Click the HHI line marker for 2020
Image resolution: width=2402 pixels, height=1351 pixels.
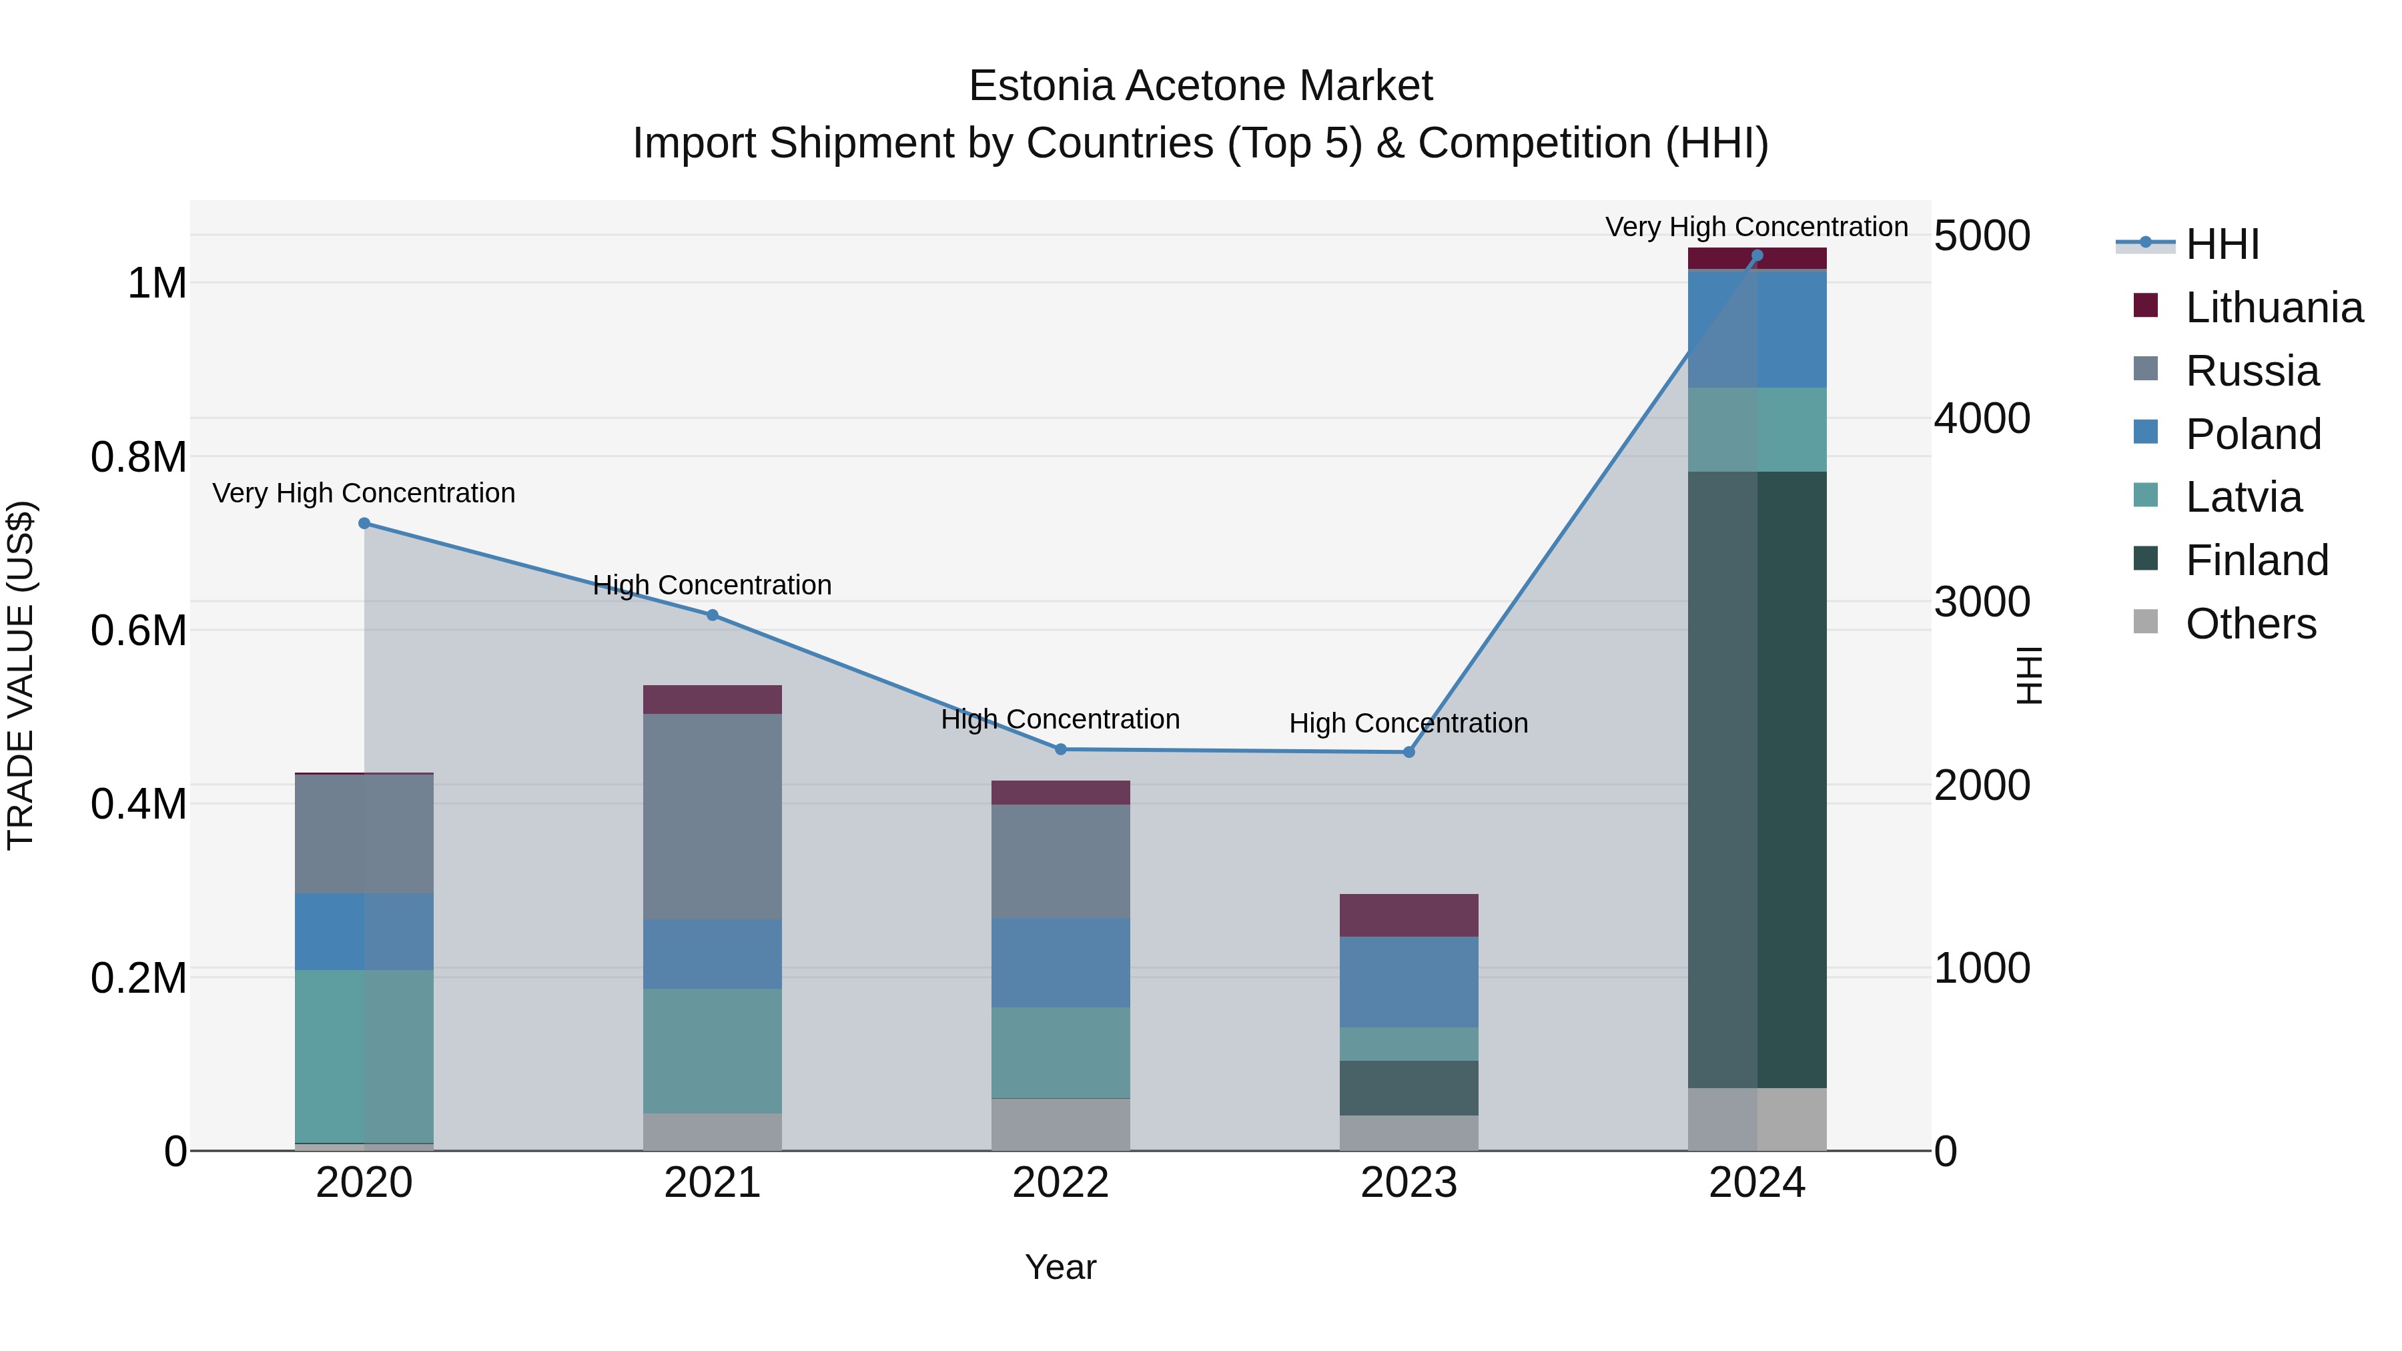[x=364, y=523]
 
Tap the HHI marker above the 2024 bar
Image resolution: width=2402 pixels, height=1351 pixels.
[x=1757, y=256]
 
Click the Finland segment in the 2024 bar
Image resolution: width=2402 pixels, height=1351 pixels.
[x=1757, y=779]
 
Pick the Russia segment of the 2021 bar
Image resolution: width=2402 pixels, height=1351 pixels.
[x=713, y=816]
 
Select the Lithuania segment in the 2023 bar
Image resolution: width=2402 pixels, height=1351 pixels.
[x=1409, y=915]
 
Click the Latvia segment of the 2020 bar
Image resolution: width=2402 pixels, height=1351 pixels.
[x=364, y=1055]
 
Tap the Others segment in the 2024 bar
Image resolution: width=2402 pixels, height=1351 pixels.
[x=1757, y=1119]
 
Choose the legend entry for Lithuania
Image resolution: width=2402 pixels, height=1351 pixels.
[x=2273, y=308]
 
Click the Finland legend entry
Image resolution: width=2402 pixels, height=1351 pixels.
[x=2256, y=560]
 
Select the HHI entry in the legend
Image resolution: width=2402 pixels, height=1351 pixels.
[x=2221, y=244]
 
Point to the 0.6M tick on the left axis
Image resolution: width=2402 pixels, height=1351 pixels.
[x=138, y=630]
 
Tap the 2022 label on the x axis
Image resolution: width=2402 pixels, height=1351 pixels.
[x=1060, y=1182]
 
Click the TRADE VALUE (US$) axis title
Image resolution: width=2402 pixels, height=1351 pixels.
[x=21, y=675]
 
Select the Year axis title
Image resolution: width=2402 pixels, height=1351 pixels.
[x=1060, y=1267]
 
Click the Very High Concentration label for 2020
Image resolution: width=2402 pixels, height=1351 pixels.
[x=364, y=492]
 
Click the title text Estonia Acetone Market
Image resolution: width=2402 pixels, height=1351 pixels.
[x=1200, y=86]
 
